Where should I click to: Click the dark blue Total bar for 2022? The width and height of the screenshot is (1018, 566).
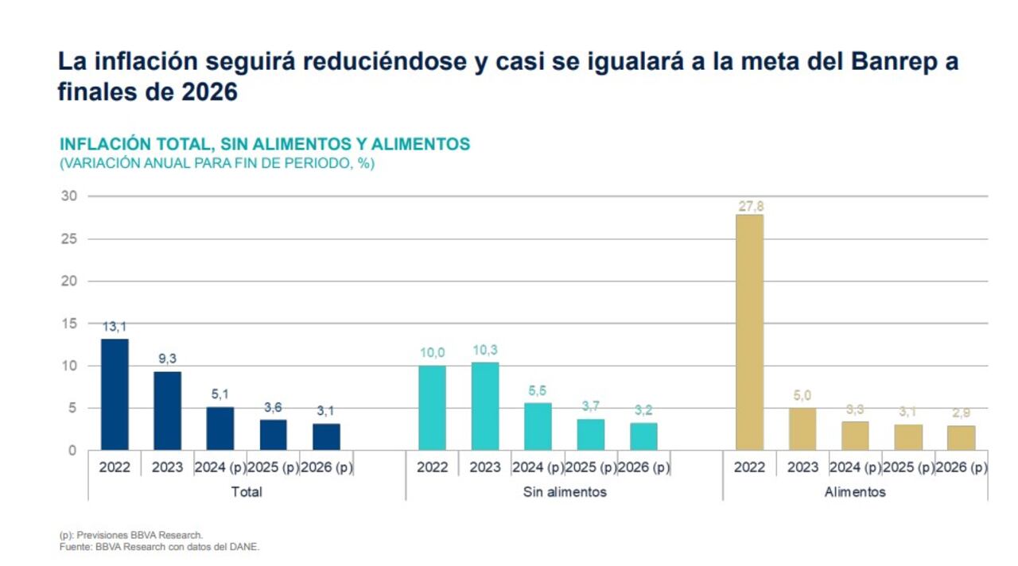[x=115, y=394]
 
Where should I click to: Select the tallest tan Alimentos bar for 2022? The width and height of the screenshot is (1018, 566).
[x=749, y=332]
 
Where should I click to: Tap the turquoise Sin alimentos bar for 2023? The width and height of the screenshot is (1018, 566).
[x=484, y=406]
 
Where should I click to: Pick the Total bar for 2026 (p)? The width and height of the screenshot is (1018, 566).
[x=325, y=437]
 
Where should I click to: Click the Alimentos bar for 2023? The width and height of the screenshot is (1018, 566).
[x=802, y=429]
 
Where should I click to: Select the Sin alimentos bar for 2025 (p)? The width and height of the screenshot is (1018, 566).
[x=590, y=435]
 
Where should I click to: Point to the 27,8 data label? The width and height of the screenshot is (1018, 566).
[x=749, y=207]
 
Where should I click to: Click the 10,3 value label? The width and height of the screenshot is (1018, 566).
[x=484, y=351]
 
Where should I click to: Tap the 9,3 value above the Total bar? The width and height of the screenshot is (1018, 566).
[x=167, y=359]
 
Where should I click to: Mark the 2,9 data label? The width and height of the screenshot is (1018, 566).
[x=961, y=413]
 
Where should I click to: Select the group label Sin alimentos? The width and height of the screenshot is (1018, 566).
[x=565, y=492]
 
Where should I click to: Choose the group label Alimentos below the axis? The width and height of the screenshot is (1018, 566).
[x=855, y=492]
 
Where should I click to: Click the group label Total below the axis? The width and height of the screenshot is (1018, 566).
[x=247, y=492]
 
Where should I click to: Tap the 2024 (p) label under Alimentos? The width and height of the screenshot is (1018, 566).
[x=855, y=467]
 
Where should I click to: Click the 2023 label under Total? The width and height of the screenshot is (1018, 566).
[x=167, y=467]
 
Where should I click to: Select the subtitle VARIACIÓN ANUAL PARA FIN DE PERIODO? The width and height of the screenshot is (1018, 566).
[x=216, y=164]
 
